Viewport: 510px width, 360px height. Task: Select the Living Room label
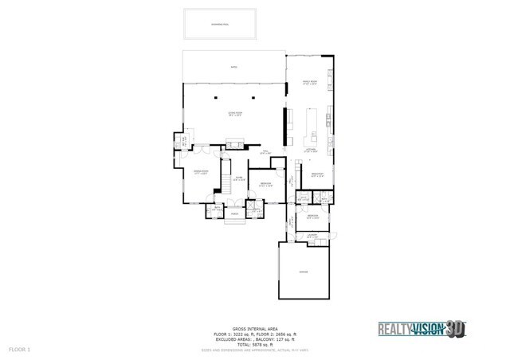233,114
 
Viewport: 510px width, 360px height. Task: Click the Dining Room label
201,172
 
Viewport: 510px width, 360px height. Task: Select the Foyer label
237,179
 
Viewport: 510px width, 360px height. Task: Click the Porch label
236,213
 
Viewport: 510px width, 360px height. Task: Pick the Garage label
303,272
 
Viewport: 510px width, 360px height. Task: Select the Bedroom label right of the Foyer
264,186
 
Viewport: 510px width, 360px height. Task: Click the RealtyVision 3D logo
422,328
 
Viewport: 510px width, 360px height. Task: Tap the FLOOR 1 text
18,349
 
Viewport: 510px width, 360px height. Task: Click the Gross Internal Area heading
254,327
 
